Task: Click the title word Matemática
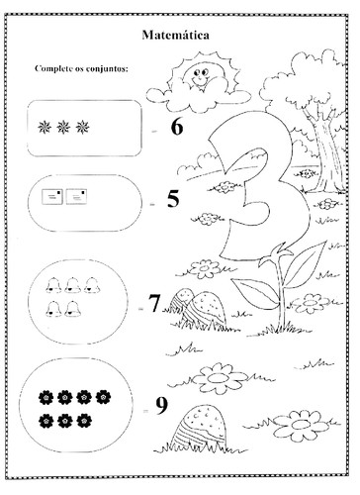pyautogui.click(x=175, y=35)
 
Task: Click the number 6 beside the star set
pyautogui.click(x=177, y=127)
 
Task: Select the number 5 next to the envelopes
pyautogui.click(x=173, y=199)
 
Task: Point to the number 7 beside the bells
pyautogui.click(x=154, y=303)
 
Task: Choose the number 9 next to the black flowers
pyautogui.click(x=161, y=406)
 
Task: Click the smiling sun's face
pyautogui.click(x=198, y=76)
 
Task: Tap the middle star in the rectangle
pyautogui.click(x=63, y=127)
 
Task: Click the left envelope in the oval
pyautogui.click(x=52, y=197)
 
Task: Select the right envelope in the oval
pyautogui.click(x=76, y=197)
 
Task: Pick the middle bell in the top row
pyautogui.click(x=72, y=285)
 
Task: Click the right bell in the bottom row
pyautogui.click(x=72, y=309)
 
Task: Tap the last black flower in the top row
pyautogui.click(x=103, y=397)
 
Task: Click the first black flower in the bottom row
pyautogui.click(x=45, y=421)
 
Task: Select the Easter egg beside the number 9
pyautogui.click(x=200, y=428)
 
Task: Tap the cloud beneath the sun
pyautogui.click(x=198, y=96)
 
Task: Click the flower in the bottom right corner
pyautogui.click(x=300, y=426)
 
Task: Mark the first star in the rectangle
pyautogui.click(x=45, y=127)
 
